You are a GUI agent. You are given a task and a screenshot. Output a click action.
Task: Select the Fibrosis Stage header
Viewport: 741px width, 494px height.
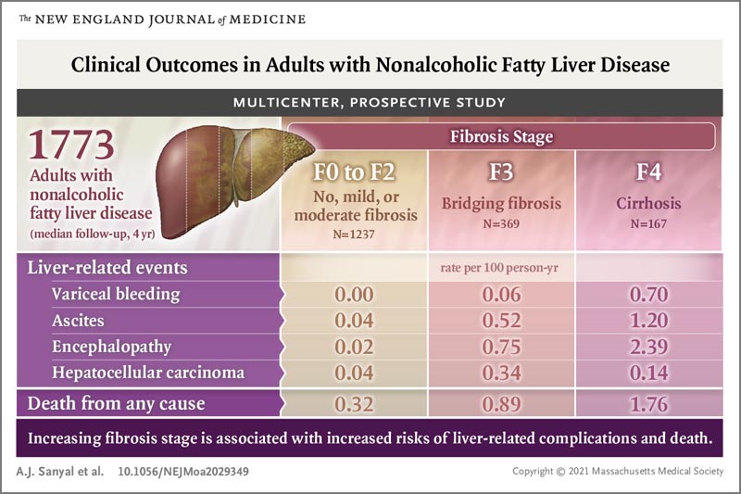(x=501, y=136)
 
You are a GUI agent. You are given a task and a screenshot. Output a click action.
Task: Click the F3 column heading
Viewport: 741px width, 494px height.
(x=501, y=172)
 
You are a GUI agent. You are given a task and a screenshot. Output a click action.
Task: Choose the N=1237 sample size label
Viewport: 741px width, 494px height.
(x=356, y=235)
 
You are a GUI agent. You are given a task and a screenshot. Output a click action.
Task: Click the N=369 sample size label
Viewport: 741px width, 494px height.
(x=501, y=223)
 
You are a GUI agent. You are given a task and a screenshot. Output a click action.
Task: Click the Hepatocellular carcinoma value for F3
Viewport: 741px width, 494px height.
(x=501, y=373)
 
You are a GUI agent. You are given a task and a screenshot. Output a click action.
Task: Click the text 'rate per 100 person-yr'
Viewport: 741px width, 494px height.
(x=501, y=269)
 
